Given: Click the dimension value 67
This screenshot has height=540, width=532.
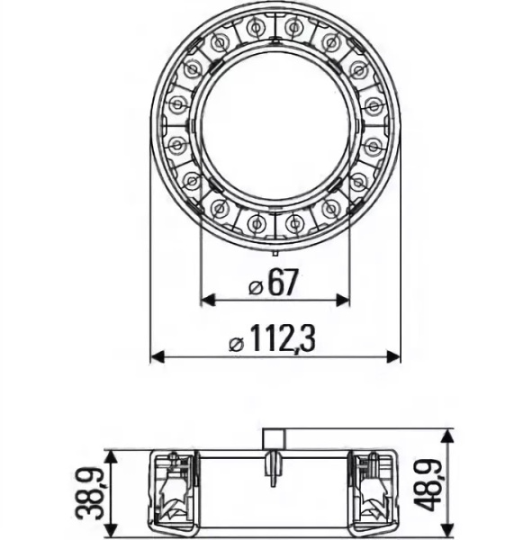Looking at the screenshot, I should pos(283,284).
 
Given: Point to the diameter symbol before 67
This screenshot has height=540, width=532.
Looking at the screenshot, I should pos(254,286).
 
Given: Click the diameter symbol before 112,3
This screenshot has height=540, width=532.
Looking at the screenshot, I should pos(236,343).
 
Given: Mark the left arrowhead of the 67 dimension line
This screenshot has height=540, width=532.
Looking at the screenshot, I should pos(206,300).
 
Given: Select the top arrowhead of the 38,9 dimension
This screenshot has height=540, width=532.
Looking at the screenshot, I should pos(110,457).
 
